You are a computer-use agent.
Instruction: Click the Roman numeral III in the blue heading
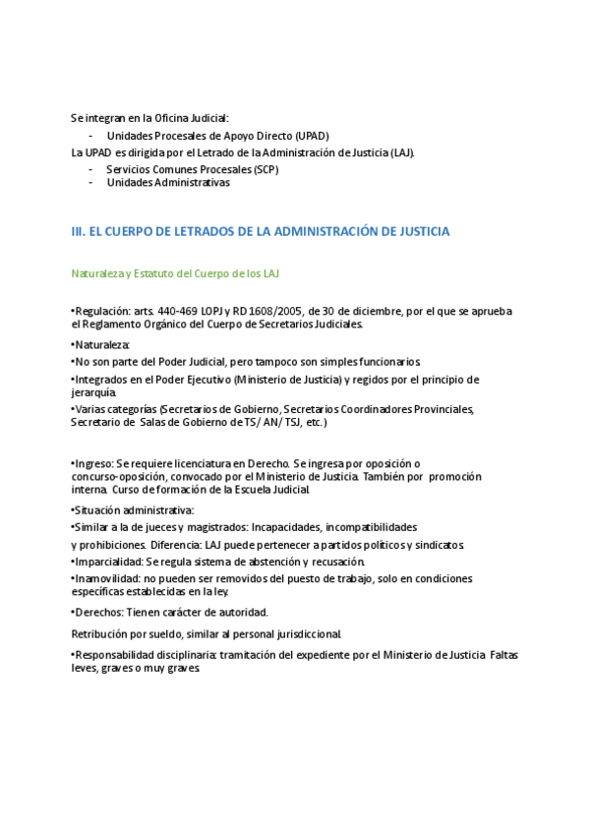(x=78, y=232)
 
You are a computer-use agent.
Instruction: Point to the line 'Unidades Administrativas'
(x=168, y=182)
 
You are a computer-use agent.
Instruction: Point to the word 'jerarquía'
(x=95, y=392)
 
